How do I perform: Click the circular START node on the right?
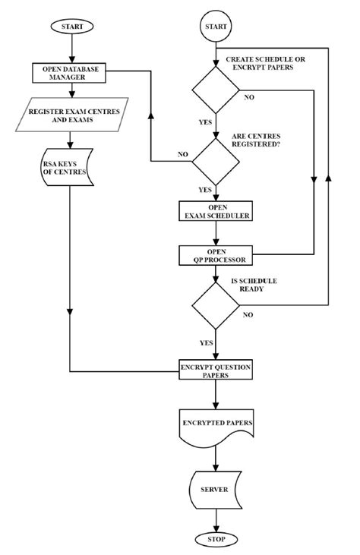216,27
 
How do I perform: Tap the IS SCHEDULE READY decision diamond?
216,306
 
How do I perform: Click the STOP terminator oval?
216,539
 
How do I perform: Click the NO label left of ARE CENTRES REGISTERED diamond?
182,154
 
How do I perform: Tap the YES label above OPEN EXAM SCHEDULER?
205,190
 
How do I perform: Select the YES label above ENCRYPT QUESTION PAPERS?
205,342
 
